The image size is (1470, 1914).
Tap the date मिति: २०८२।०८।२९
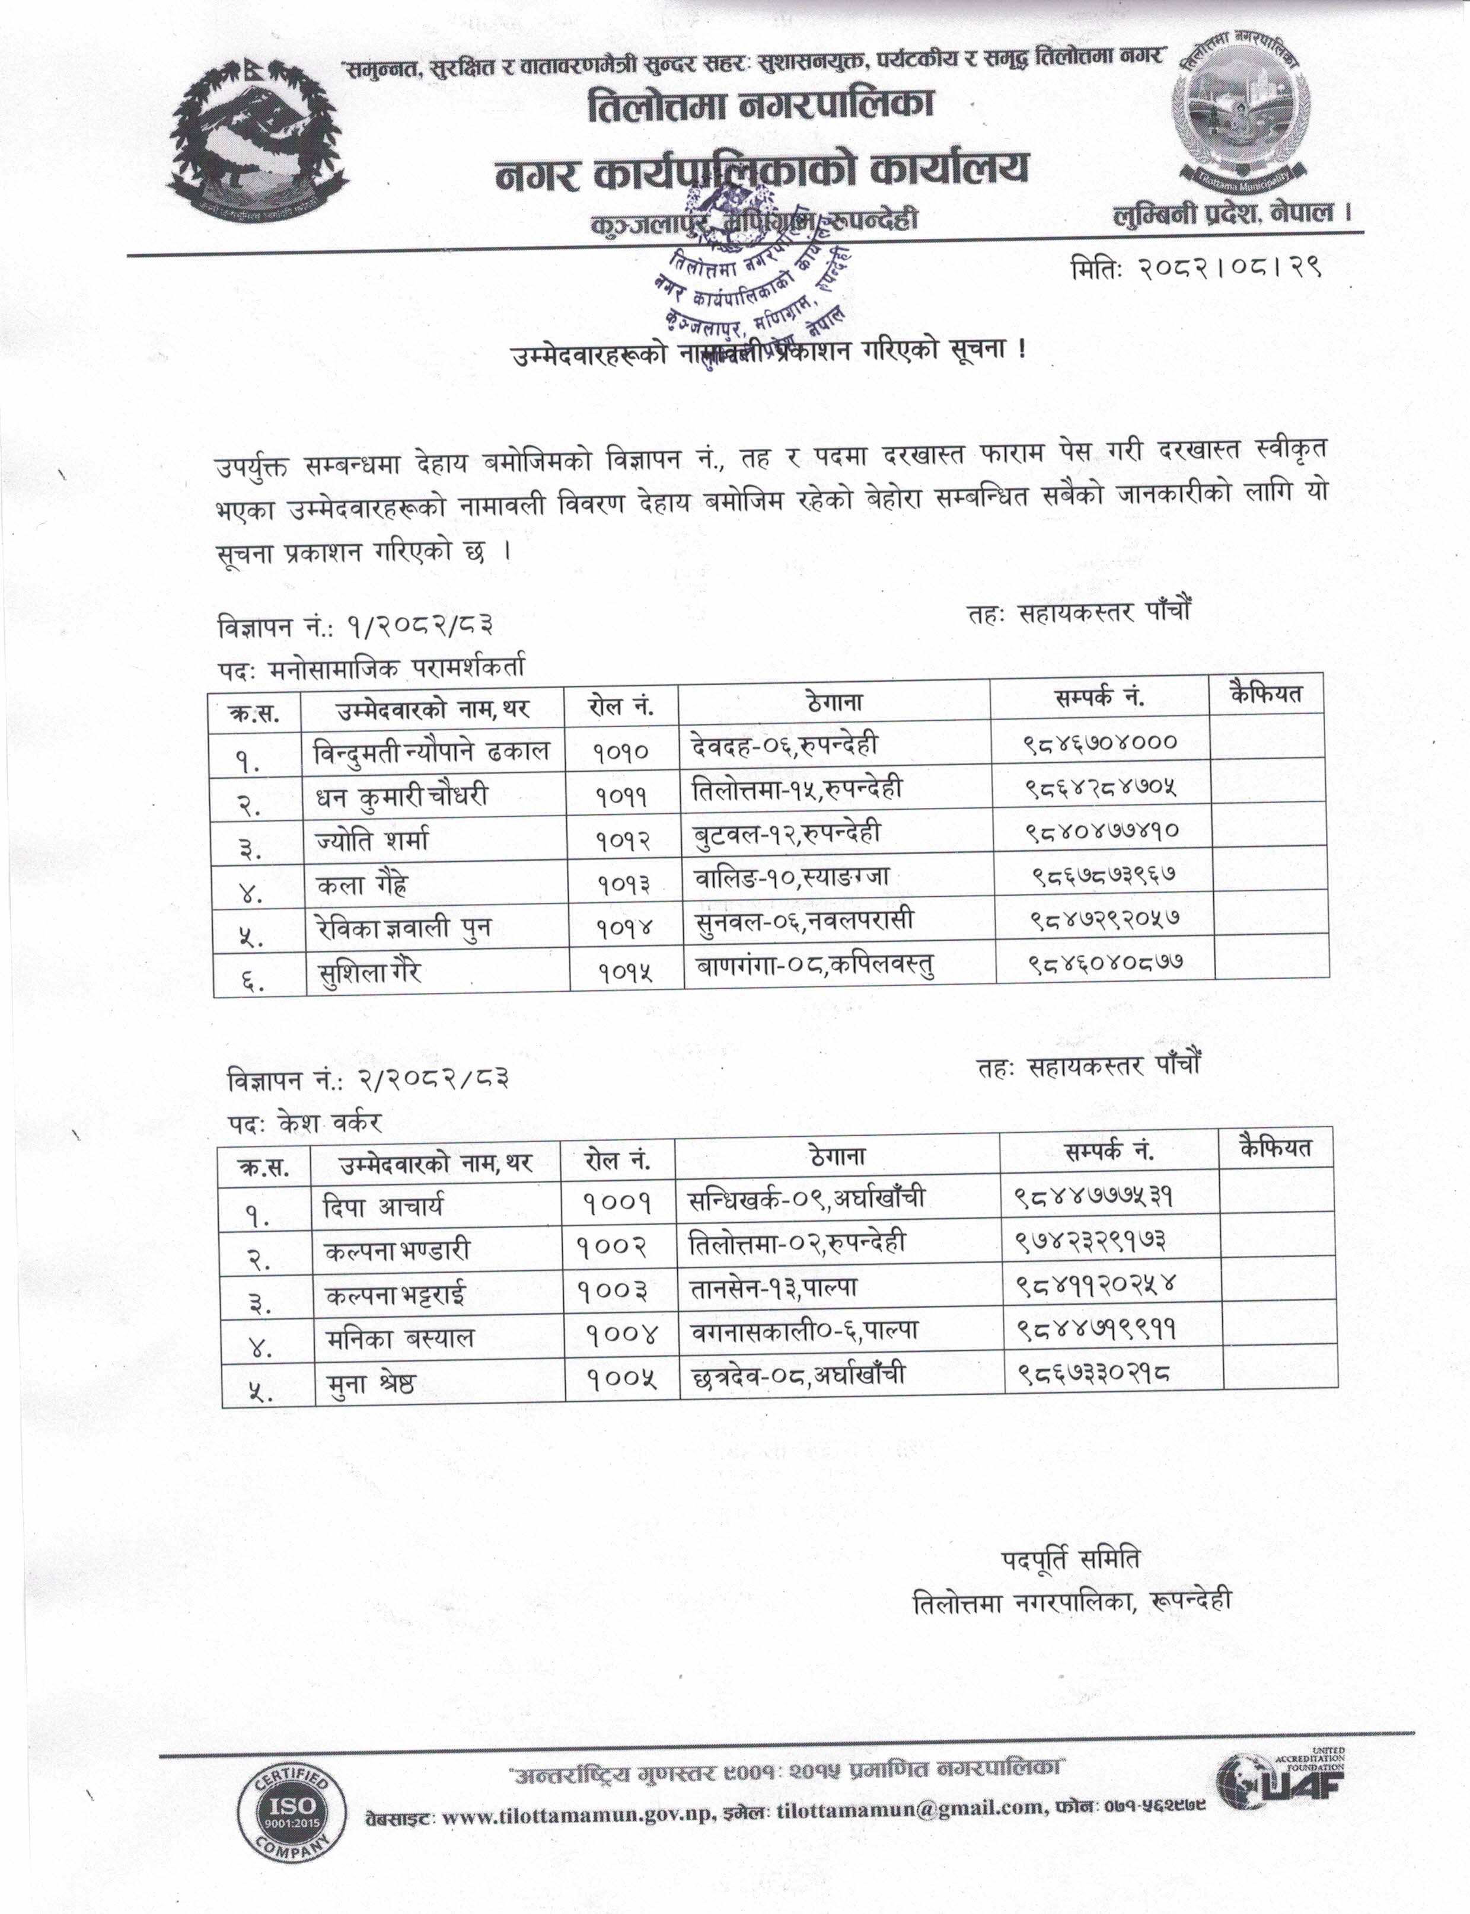[1194, 269]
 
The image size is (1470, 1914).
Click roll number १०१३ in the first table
[624, 884]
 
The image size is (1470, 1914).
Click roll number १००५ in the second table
[620, 1379]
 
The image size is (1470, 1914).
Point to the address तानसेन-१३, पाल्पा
[773, 1287]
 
